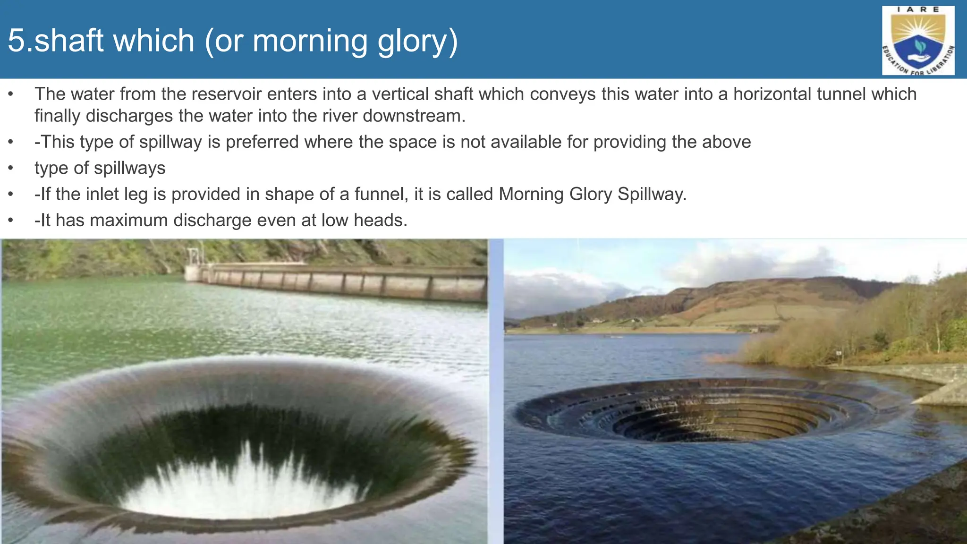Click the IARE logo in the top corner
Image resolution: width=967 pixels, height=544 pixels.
coord(918,41)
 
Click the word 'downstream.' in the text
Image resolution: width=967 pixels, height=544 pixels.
coord(414,116)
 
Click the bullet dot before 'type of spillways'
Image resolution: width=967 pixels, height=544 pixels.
coord(10,169)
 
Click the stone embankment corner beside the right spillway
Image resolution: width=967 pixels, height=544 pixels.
coord(940,392)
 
